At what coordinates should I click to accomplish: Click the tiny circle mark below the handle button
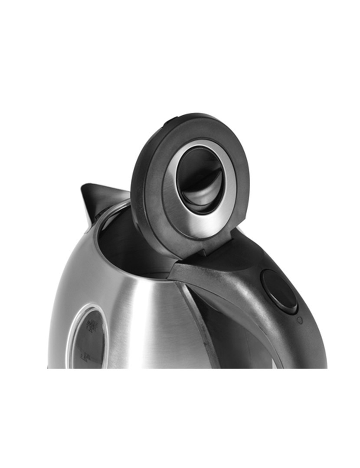click(x=300, y=320)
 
